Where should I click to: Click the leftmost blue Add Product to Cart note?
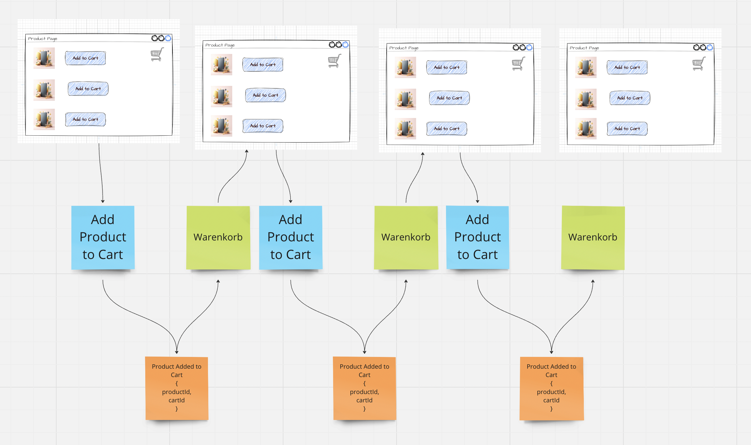point(103,237)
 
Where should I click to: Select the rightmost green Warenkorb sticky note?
point(593,237)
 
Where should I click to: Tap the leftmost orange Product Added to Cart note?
point(177,388)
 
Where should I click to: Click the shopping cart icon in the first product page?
point(157,55)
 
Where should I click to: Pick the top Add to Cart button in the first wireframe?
point(86,58)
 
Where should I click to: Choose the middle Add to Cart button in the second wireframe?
point(265,95)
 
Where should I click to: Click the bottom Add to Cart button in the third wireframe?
point(447,129)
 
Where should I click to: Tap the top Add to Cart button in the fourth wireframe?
point(627,67)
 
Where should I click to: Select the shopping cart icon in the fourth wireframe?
point(699,64)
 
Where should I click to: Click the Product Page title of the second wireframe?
point(220,45)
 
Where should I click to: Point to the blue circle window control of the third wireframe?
point(529,47)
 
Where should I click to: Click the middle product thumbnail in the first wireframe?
point(44,90)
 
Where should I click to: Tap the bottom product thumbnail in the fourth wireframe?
point(586,129)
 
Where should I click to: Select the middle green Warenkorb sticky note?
point(406,237)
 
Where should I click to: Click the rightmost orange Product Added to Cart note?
point(552,388)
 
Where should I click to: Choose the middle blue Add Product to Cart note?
point(291,237)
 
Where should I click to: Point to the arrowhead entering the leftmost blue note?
point(103,201)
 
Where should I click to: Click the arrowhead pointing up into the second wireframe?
point(247,151)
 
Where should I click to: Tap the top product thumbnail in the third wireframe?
point(405,67)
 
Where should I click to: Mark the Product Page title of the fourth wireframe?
point(584,48)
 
